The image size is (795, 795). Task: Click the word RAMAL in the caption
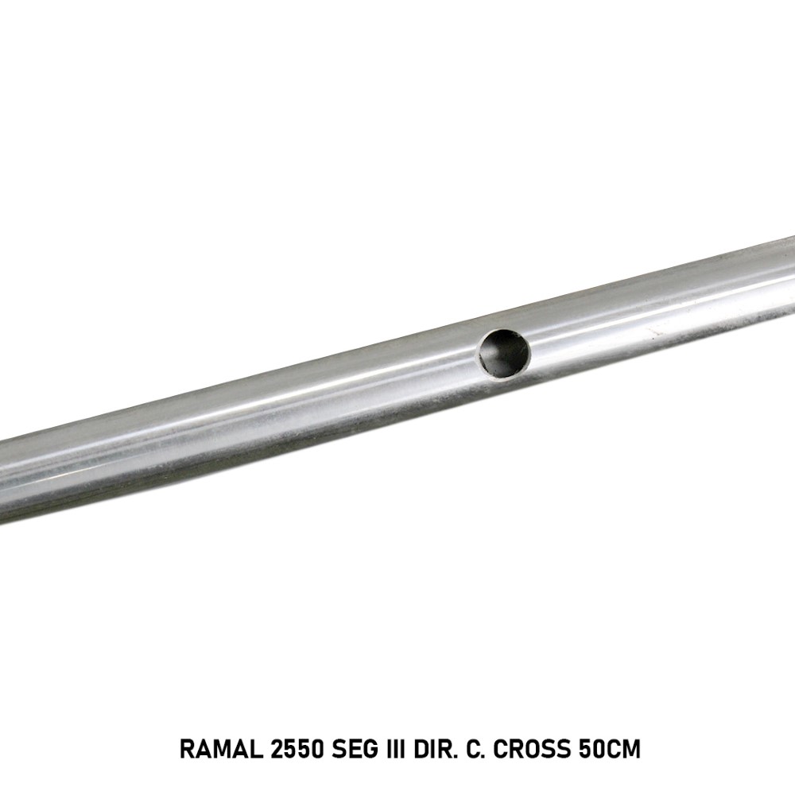coord(221,749)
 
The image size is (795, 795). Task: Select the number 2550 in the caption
coord(297,749)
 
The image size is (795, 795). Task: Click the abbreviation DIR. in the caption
coord(436,749)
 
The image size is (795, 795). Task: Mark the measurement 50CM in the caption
coord(610,749)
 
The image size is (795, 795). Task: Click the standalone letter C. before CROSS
coord(475,749)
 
